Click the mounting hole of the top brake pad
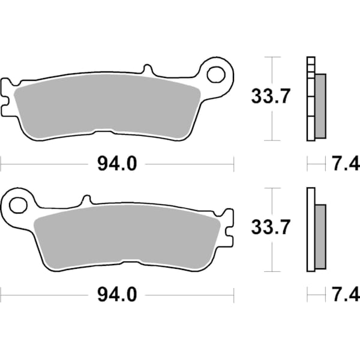215,74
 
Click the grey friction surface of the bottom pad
126,237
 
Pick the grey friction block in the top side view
320,105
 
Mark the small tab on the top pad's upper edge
145,70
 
